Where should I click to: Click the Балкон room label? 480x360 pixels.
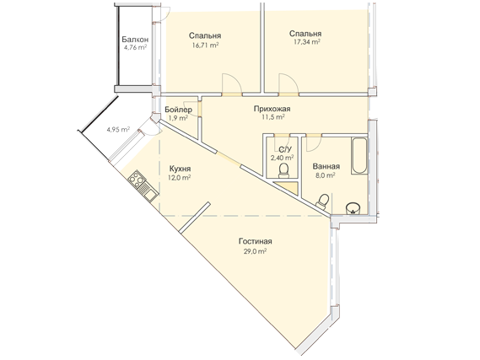pyautogui.click(x=135, y=40)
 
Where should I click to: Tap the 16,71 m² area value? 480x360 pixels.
pyautogui.click(x=205, y=46)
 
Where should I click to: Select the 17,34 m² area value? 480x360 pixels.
pyautogui.click(x=307, y=42)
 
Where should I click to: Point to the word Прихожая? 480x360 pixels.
pyautogui.click(x=272, y=109)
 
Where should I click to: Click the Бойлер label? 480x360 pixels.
pyautogui.click(x=178, y=110)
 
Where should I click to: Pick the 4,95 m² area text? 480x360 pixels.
pyautogui.click(x=118, y=129)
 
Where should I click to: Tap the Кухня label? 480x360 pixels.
pyautogui.click(x=180, y=169)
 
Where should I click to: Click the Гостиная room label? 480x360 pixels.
pyautogui.click(x=256, y=241)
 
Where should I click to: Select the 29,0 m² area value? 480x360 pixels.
pyautogui.click(x=254, y=251)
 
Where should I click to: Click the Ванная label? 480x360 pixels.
pyautogui.click(x=326, y=166)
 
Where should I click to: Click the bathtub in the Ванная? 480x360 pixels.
pyautogui.click(x=359, y=156)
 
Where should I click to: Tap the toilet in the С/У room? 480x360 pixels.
pyautogui.click(x=283, y=170)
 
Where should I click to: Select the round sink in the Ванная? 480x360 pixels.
pyautogui.click(x=353, y=208)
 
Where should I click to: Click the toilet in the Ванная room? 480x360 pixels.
pyautogui.click(x=322, y=201)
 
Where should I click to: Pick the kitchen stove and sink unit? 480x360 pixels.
pyautogui.click(x=143, y=186)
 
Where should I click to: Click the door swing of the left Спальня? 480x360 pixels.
pyautogui.click(x=232, y=83)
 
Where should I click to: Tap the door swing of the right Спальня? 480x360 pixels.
pyautogui.click(x=289, y=83)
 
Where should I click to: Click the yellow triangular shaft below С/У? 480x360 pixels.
pyautogui.click(x=288, y=187)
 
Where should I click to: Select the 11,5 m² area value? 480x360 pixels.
pyautogui.click(x=272, y=117)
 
